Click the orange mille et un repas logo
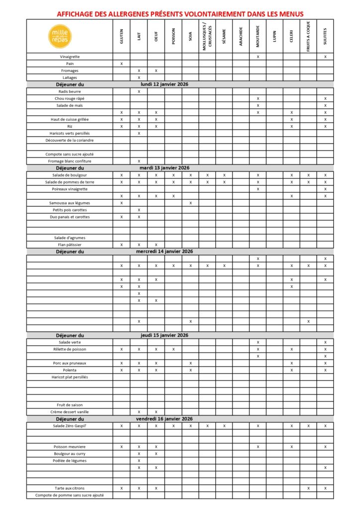point(61,36)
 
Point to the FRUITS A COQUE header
point(308,36)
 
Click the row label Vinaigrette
point(70,57)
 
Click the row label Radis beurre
point(70,91)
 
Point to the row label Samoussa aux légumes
point(70,203)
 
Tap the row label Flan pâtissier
point(70,245)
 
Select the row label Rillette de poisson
point(70,349)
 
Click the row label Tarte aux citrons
point(70,488)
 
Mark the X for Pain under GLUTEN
point(121,64)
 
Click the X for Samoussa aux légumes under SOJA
point(190,203)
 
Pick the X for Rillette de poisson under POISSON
point(173,349)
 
